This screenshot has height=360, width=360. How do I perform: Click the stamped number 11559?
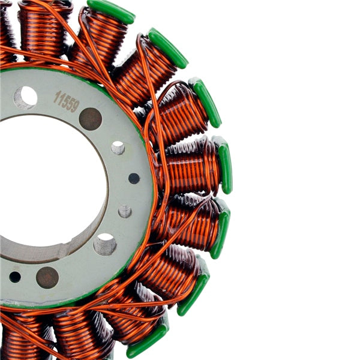coord(66,100)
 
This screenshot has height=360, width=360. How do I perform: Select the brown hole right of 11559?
coord(91,119)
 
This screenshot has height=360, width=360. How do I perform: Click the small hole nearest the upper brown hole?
coord(118,148)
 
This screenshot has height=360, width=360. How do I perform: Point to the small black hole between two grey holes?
coord(134,178)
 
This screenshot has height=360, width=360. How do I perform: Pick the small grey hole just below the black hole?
coord(125,211)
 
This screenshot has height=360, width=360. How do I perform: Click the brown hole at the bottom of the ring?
coord(47,277)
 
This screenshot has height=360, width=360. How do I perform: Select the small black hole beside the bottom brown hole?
coord(15,277)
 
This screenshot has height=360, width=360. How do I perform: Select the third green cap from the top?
coord(205,102)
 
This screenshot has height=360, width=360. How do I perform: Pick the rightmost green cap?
coord(224,164)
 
